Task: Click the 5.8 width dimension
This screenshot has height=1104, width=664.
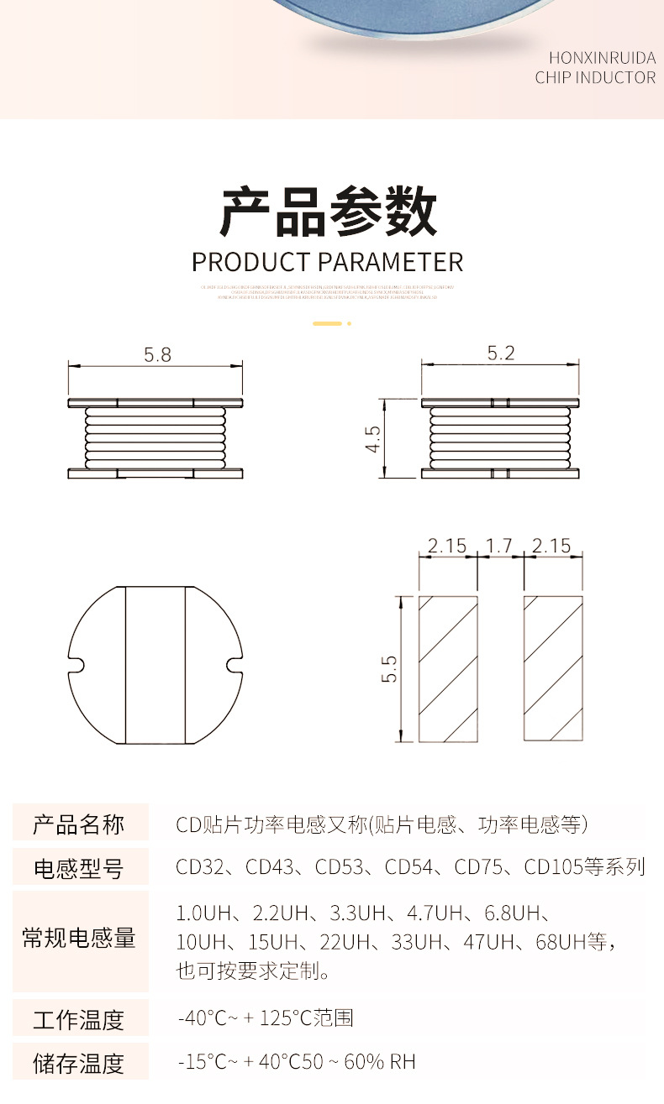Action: tap(157, 354)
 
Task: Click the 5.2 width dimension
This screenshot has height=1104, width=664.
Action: tap(500, 353)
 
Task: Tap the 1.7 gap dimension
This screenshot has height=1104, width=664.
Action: tap(499, 546)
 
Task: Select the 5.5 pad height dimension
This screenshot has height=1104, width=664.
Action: tap(388, 668)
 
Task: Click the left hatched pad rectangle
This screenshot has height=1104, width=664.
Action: tap(449, 668)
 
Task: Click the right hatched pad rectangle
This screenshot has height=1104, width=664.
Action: tap(553, 668)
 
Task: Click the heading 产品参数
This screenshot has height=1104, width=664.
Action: tap(329, 212)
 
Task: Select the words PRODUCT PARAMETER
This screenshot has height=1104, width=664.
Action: tap(328, 262)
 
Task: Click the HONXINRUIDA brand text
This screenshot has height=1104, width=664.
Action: tap(602, 58)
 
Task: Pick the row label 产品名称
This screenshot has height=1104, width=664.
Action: tap(79, 824)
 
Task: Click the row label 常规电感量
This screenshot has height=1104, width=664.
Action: tap(79, 938)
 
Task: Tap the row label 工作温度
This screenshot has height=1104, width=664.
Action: tap(79, 1019)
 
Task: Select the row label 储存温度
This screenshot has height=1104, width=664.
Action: tap(79, 1063)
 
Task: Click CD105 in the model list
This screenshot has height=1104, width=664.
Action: tap(550, 866)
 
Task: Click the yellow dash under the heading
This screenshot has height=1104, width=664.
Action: tap(328, 323)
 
